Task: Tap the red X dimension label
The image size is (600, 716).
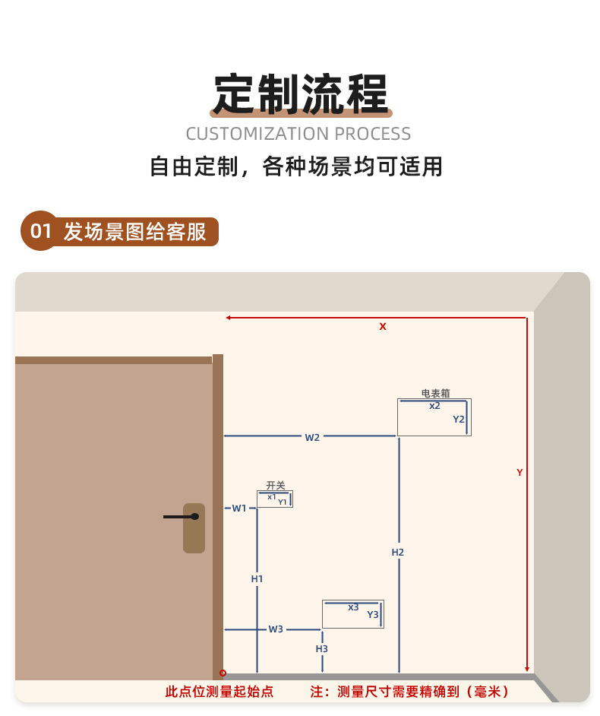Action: click(x=383, y=326)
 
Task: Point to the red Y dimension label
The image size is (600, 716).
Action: click(x=519, y=472)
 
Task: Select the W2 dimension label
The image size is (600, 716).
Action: click(x=312, y=437)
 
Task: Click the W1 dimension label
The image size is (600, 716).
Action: click(x=239, y=508)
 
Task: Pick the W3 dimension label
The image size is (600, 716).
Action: click(x=276, y=629)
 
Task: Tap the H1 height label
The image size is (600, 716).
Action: click(x=257, y=579)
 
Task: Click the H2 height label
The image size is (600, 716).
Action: click(x=398, y=553)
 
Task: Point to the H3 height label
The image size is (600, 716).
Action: click(x=322, y=649)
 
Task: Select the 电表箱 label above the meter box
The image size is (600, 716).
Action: click(x=435, y=393)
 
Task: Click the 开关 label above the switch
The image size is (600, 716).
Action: click(x=275, y=485)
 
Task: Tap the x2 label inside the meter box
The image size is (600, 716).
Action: click(x=434, y=406)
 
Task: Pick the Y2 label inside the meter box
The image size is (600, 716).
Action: click(x=459, y=419)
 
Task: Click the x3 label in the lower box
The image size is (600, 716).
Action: click(x=353, y=607)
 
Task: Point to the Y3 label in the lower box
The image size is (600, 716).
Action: click(x=373, y=615)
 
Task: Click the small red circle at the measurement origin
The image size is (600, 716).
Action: click(x=223, y=673)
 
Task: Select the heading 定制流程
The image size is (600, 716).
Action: click(x=300, y=93)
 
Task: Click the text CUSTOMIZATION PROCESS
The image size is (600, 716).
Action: click(x=298, y=135)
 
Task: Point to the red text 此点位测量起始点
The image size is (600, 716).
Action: click(x=219, y=692)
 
